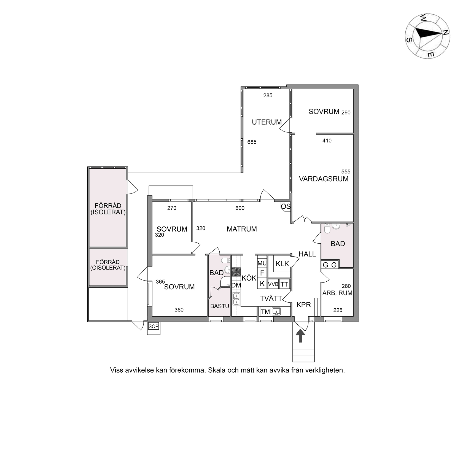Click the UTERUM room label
point(267,122)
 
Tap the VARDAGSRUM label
point(324,179)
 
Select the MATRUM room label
point(242,229)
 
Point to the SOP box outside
point(154,326)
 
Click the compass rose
point(427,36)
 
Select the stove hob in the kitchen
point(236,272)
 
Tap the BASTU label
point(220,306)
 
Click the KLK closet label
point(282,264)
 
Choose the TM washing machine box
point(265,312)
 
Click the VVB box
point(273,284)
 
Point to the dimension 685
point(252,142)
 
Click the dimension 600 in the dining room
point(240,208)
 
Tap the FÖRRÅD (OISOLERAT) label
point(108,265)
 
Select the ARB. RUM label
point(337,293)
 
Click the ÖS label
point(286,206)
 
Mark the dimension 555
point(346,172)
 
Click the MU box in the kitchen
point(262,263)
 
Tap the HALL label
point(307,254)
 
